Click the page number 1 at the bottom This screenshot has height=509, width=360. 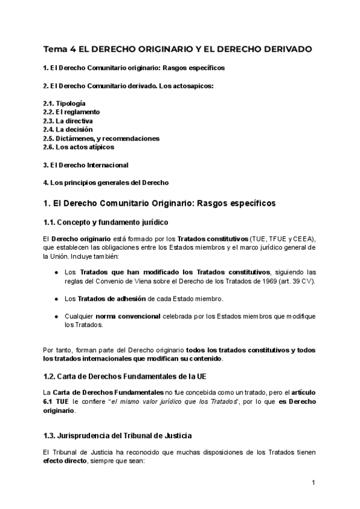click(x=313, y=482)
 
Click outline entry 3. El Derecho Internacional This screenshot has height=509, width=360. click(x=86, y=164)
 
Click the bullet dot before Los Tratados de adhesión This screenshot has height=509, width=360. click(x=56, y=299)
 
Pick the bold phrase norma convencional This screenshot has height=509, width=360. click(x=127, y=316)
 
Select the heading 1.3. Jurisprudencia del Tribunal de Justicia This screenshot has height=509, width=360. click(x=118, y=435)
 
